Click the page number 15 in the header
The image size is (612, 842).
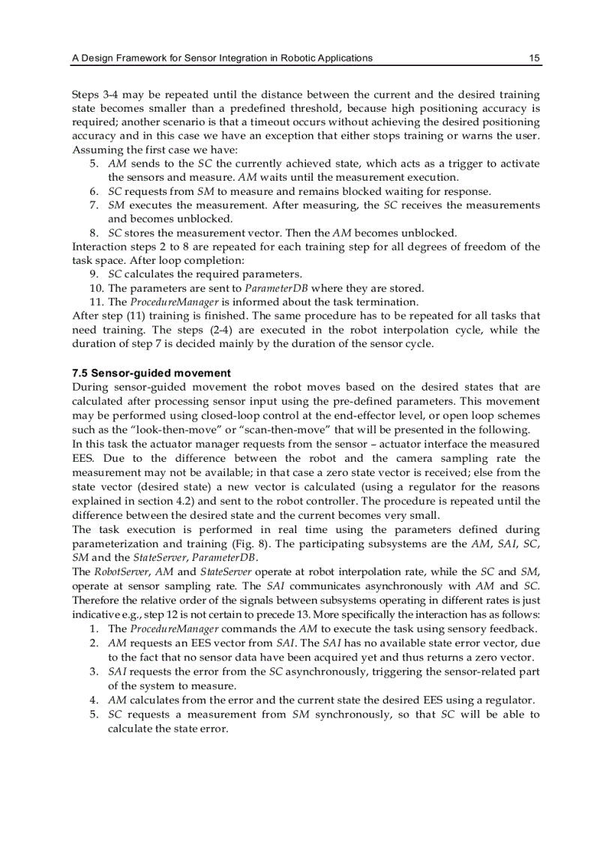click(x=535, y=58)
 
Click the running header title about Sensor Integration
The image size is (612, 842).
click(x=221, y=58)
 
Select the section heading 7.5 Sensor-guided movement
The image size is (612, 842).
click(x=151, y=373)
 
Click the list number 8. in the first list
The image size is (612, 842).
click(x=95, y=232)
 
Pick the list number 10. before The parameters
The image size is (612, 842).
click(x=96, y=288)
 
